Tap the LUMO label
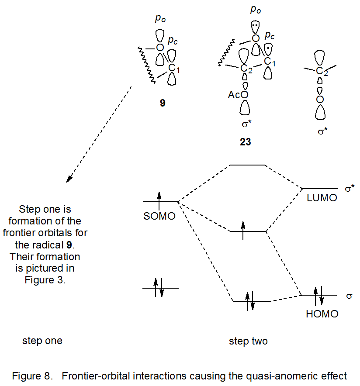coord(322,197)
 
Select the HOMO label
coord(322,314)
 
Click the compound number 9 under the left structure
coord(162,104)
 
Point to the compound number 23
coord(245,142)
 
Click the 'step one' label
coord(42,341)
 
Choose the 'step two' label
coord(248,341)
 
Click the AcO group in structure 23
coord(238,95)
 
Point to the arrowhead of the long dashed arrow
coord(68,179)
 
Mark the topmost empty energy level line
coord(248,165)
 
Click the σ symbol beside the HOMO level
coord(349,296)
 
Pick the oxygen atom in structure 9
coord(159,47)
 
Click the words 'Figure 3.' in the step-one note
coord(45,280)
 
